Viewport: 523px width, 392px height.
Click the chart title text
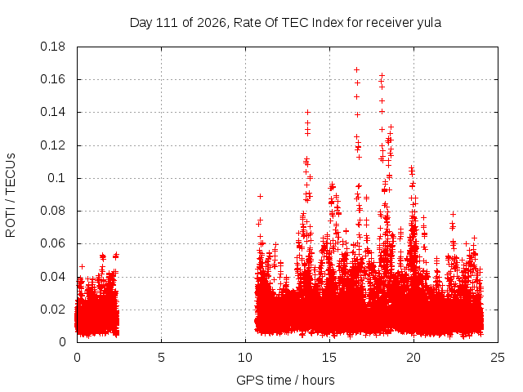point(285,23)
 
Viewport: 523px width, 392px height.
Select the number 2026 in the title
point(211,23)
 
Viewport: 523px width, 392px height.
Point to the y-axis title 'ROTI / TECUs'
point(11,195)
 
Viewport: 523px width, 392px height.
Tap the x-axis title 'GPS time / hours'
point(285,380)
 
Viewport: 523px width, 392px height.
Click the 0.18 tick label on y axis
point(52,47)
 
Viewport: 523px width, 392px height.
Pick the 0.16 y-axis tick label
point(52,79)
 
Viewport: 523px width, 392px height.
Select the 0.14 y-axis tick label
point(52,113)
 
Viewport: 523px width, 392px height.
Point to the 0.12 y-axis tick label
point(52,145)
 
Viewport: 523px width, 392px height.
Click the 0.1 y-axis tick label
point(56,178)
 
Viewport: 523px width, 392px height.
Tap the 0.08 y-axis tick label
point(52,211)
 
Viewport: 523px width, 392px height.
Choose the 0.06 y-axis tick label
point(52,243)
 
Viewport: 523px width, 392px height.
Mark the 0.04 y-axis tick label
point(52,277)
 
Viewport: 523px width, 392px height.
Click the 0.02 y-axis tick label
point(52,310)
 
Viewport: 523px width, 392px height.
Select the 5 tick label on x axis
point(162,358)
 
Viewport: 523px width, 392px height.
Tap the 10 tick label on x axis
point(245,358)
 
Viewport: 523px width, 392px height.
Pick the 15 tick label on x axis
point(329,358)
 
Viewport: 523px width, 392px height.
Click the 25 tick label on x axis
point(498,358)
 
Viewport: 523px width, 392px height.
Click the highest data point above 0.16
point(356,69)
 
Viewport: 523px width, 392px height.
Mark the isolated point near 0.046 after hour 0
point(82,266)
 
